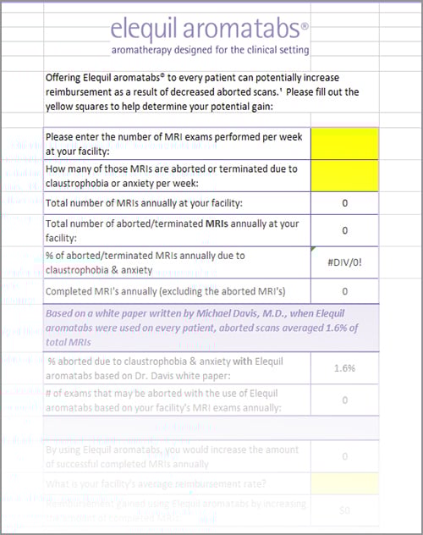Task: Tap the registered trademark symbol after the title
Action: [305, 25]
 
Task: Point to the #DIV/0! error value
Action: [344, 261]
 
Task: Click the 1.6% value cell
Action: [344, 368]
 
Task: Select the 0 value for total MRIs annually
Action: [344, 203]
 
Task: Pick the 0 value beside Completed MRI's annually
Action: [344, 290]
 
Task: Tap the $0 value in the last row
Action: [344, 511]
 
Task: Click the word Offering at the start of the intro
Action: [67, 76]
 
